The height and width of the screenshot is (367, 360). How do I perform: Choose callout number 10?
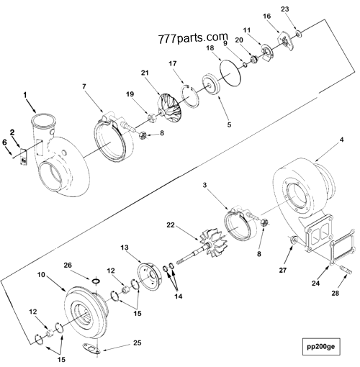pyautogui.click(x=42, y=276)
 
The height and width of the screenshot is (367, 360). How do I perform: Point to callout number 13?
pyautogui.click(x=125, y=247)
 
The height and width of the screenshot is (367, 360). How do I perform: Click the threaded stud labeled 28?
pyautogui.click(x=341, y=271)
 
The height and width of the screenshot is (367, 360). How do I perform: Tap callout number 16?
pyautogui.click(x=266, y=15)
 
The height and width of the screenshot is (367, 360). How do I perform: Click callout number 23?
pyautogui.click(x=305, y=9)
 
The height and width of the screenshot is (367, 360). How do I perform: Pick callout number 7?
pyautogui.click(x=84, y=86)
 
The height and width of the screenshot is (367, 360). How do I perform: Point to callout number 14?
pyautogui.click(x=176, y=296)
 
